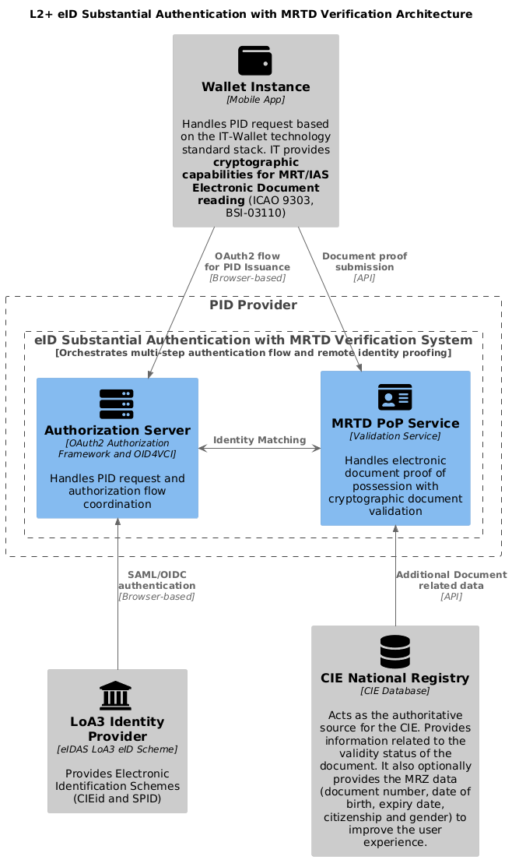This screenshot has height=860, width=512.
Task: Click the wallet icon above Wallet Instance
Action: coord(255,60)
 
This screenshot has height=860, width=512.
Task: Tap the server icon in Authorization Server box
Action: coord(117,404)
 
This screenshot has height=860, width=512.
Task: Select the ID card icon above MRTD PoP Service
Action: coord(395,397)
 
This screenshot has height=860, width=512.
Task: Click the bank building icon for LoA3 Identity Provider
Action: coord(117,696)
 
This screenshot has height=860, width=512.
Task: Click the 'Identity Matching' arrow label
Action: coord(259,440)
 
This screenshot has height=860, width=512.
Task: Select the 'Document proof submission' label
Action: coord(364,262)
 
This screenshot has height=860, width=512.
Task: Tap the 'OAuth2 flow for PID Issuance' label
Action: coord(247,262)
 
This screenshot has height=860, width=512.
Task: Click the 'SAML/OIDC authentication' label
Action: coord(156,580)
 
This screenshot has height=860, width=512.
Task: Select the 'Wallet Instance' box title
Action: coord(255,86)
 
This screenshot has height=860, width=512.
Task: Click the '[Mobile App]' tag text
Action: coord(255,100)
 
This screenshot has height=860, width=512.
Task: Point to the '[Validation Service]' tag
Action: coord(395,436)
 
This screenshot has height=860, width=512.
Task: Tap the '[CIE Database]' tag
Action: coord(395,691)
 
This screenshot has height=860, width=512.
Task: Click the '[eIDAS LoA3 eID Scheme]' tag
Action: coord(117,749)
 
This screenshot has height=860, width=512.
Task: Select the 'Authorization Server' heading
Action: coord(117,431)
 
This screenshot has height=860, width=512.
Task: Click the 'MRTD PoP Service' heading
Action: coord(395,423)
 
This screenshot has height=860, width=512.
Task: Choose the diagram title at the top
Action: coord(256,14)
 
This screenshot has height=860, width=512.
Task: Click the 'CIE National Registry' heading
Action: coord(395,678)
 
